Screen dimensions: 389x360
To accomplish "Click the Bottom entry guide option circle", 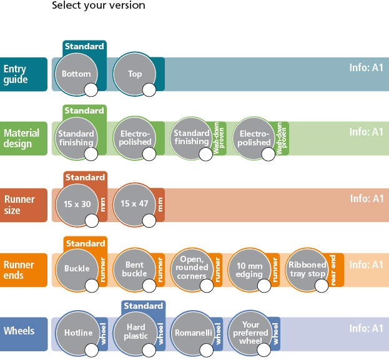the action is point(76,74).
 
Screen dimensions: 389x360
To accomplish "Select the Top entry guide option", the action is point(134,74).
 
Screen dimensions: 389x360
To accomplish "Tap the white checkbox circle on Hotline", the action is point(91,350).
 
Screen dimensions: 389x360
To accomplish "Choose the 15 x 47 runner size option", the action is point(134,205).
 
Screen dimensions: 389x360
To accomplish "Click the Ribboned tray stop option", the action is point(307,270).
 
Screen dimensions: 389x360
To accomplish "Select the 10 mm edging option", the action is point(249,270).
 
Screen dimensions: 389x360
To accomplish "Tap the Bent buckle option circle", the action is point(134,270).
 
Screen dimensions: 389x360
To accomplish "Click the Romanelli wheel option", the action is point(193,333).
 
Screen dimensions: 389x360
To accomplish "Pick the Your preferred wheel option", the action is point(250,332).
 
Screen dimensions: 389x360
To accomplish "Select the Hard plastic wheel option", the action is point(135,333).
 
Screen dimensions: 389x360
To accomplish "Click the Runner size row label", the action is point(19,205).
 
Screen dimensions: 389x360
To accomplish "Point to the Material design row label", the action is point(22,139).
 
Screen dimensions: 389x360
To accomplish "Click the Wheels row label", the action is point(19,331).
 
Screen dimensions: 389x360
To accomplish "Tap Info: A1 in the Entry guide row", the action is point(366,67).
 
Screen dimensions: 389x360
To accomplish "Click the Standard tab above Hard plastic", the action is point(143,306).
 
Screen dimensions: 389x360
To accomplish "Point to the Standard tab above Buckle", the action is point(86,243).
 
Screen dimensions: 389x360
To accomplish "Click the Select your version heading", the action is point(99,5).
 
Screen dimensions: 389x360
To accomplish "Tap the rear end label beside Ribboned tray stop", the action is point(333,270).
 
